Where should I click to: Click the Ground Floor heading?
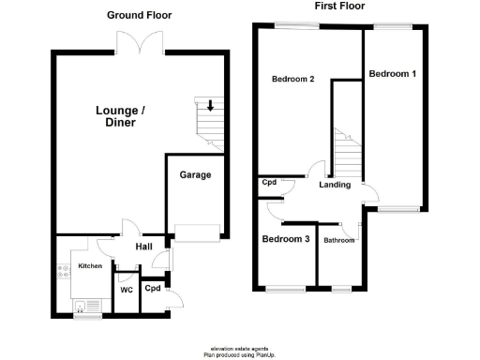click(139, 15)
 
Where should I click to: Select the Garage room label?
click(195, 175)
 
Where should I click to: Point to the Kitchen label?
click(89, 267)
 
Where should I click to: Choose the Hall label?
click(143, 247)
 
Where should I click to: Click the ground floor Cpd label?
click(153, 288)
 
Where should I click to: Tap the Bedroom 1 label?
click(392, 74)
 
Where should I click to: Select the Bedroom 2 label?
click(292, 80)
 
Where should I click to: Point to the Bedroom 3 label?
click(285, 240)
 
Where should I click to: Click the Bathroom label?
click(338, 241)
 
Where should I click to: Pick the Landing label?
click(335, 185)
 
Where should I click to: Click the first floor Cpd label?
click(269, 183)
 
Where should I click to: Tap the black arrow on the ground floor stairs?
click(211, 106)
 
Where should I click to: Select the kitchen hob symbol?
click(64, 271)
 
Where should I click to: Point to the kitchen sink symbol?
click(84, 306)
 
